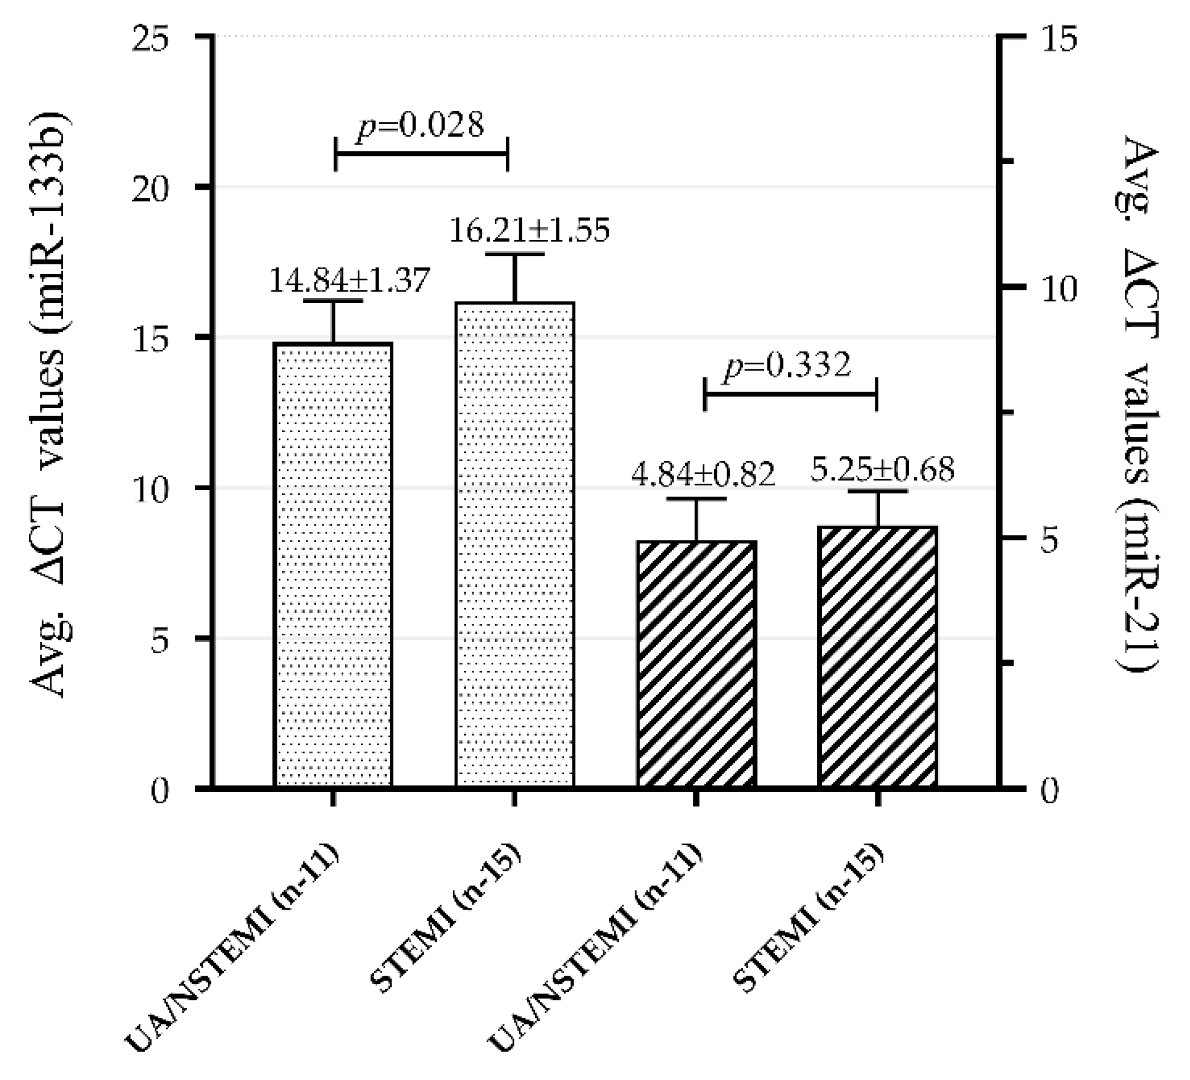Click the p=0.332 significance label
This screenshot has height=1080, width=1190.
(788, 366)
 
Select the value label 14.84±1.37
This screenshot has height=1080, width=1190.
(349, 280)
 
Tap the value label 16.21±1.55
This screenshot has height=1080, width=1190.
(529, 231)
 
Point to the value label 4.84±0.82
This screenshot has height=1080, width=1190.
(703, 474)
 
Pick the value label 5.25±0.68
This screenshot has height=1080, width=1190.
(882, 469)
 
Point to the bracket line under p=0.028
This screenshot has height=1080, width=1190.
(421, 154)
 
